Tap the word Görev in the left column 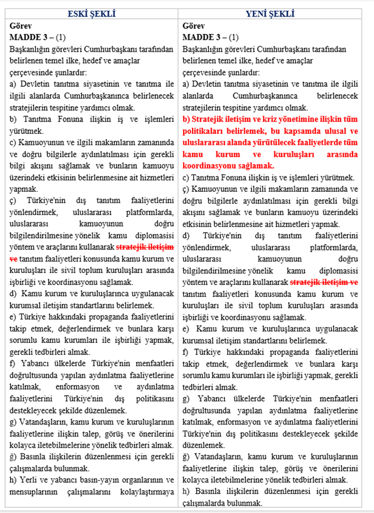(22, 26)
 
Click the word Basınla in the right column (207, 491)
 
